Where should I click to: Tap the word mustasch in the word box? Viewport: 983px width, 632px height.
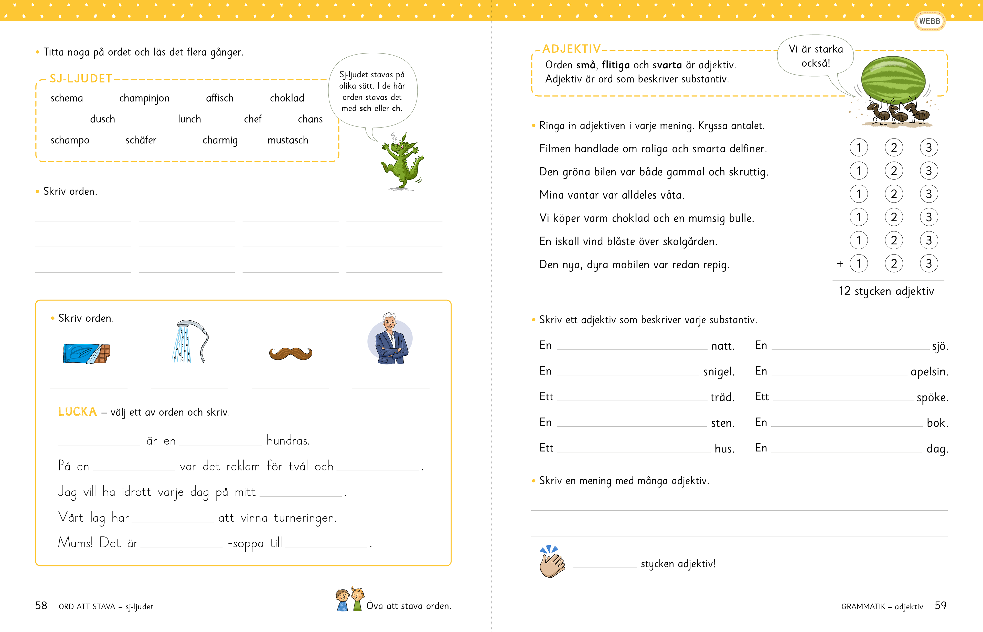pyautogui.click(x=287, y=140)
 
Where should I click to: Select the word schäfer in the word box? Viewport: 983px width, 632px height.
pyautogui.click(x=141, y=140)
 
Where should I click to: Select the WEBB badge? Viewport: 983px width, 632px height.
pyautogui.click(x=929, y=21)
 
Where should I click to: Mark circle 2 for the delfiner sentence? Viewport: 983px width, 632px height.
pyautogui.click(x=894, y=148)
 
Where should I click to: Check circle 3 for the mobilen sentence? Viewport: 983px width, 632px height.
pyautogui.click(x=929, y=264)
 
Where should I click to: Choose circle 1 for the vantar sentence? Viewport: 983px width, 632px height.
pyautogui.click(x=858, y=194)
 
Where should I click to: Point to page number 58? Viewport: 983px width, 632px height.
pyautogui.click(x=41, y=606)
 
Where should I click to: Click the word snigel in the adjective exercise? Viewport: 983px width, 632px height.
pyautogui.click(x=718, y=372)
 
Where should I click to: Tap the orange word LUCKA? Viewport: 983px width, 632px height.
pyautogui.click(x=77, y=412)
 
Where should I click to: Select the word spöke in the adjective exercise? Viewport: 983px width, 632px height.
pyautogui.click(x=932, y=398)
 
